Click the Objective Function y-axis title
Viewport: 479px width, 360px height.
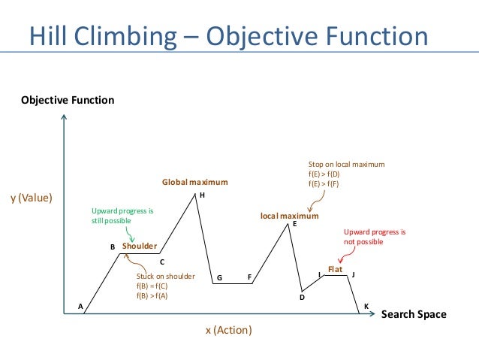tap(68, 99)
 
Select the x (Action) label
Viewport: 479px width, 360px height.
tap(229, 331)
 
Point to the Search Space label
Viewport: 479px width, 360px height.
tap(413, 314)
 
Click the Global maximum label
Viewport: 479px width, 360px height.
tap(195, 183)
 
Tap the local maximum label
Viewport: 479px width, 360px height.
tap(289, 216)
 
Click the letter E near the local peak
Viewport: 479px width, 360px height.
tap(294, 224)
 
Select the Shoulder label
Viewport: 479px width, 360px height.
tap(140, 246)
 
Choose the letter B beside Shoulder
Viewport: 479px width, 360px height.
tap(113, 247)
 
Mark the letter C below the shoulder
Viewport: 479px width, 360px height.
tap(161, 262)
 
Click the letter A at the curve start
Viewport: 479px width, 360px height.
tap(80, 306)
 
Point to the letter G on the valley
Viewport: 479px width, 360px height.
tap(219, 278)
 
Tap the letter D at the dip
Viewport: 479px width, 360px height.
tap(302, 298)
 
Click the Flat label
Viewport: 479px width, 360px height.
tap(335, 268)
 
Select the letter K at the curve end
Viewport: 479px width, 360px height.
tap(366, 306)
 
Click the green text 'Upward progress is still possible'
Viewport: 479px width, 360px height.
tap(122, 216)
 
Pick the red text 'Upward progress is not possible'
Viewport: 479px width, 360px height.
tap(374, 237)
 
